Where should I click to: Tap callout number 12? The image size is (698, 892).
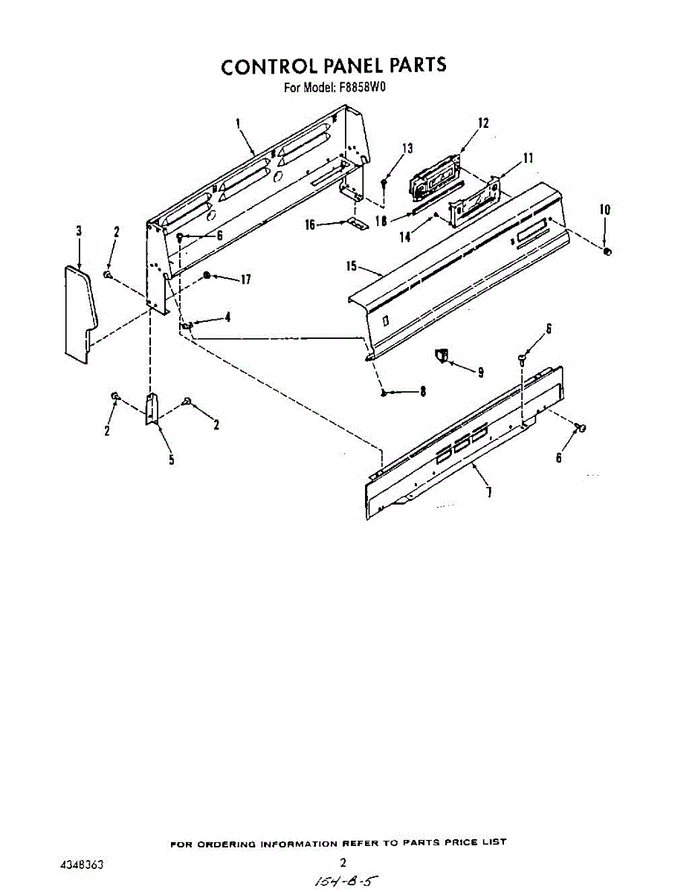[x=483, y=123]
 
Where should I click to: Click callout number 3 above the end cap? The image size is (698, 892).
[x=79, y=231]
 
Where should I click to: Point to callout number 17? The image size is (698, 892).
[x=245, y=279]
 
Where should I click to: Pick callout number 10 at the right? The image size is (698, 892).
[x=605, y=210]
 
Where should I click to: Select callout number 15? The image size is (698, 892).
[x=352, y=265]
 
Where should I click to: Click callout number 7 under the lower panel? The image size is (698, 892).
[x=489, y=491]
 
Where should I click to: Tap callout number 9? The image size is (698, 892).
[x=480, y=372]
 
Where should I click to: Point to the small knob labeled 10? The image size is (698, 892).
[x=607, y=253]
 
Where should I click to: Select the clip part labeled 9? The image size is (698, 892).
[x=442, y=357]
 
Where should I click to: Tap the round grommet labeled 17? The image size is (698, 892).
[x=207, y=276]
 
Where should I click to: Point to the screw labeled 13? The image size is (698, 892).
[x=384, y=182]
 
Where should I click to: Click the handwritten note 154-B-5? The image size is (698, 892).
[x=343, y=881]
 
